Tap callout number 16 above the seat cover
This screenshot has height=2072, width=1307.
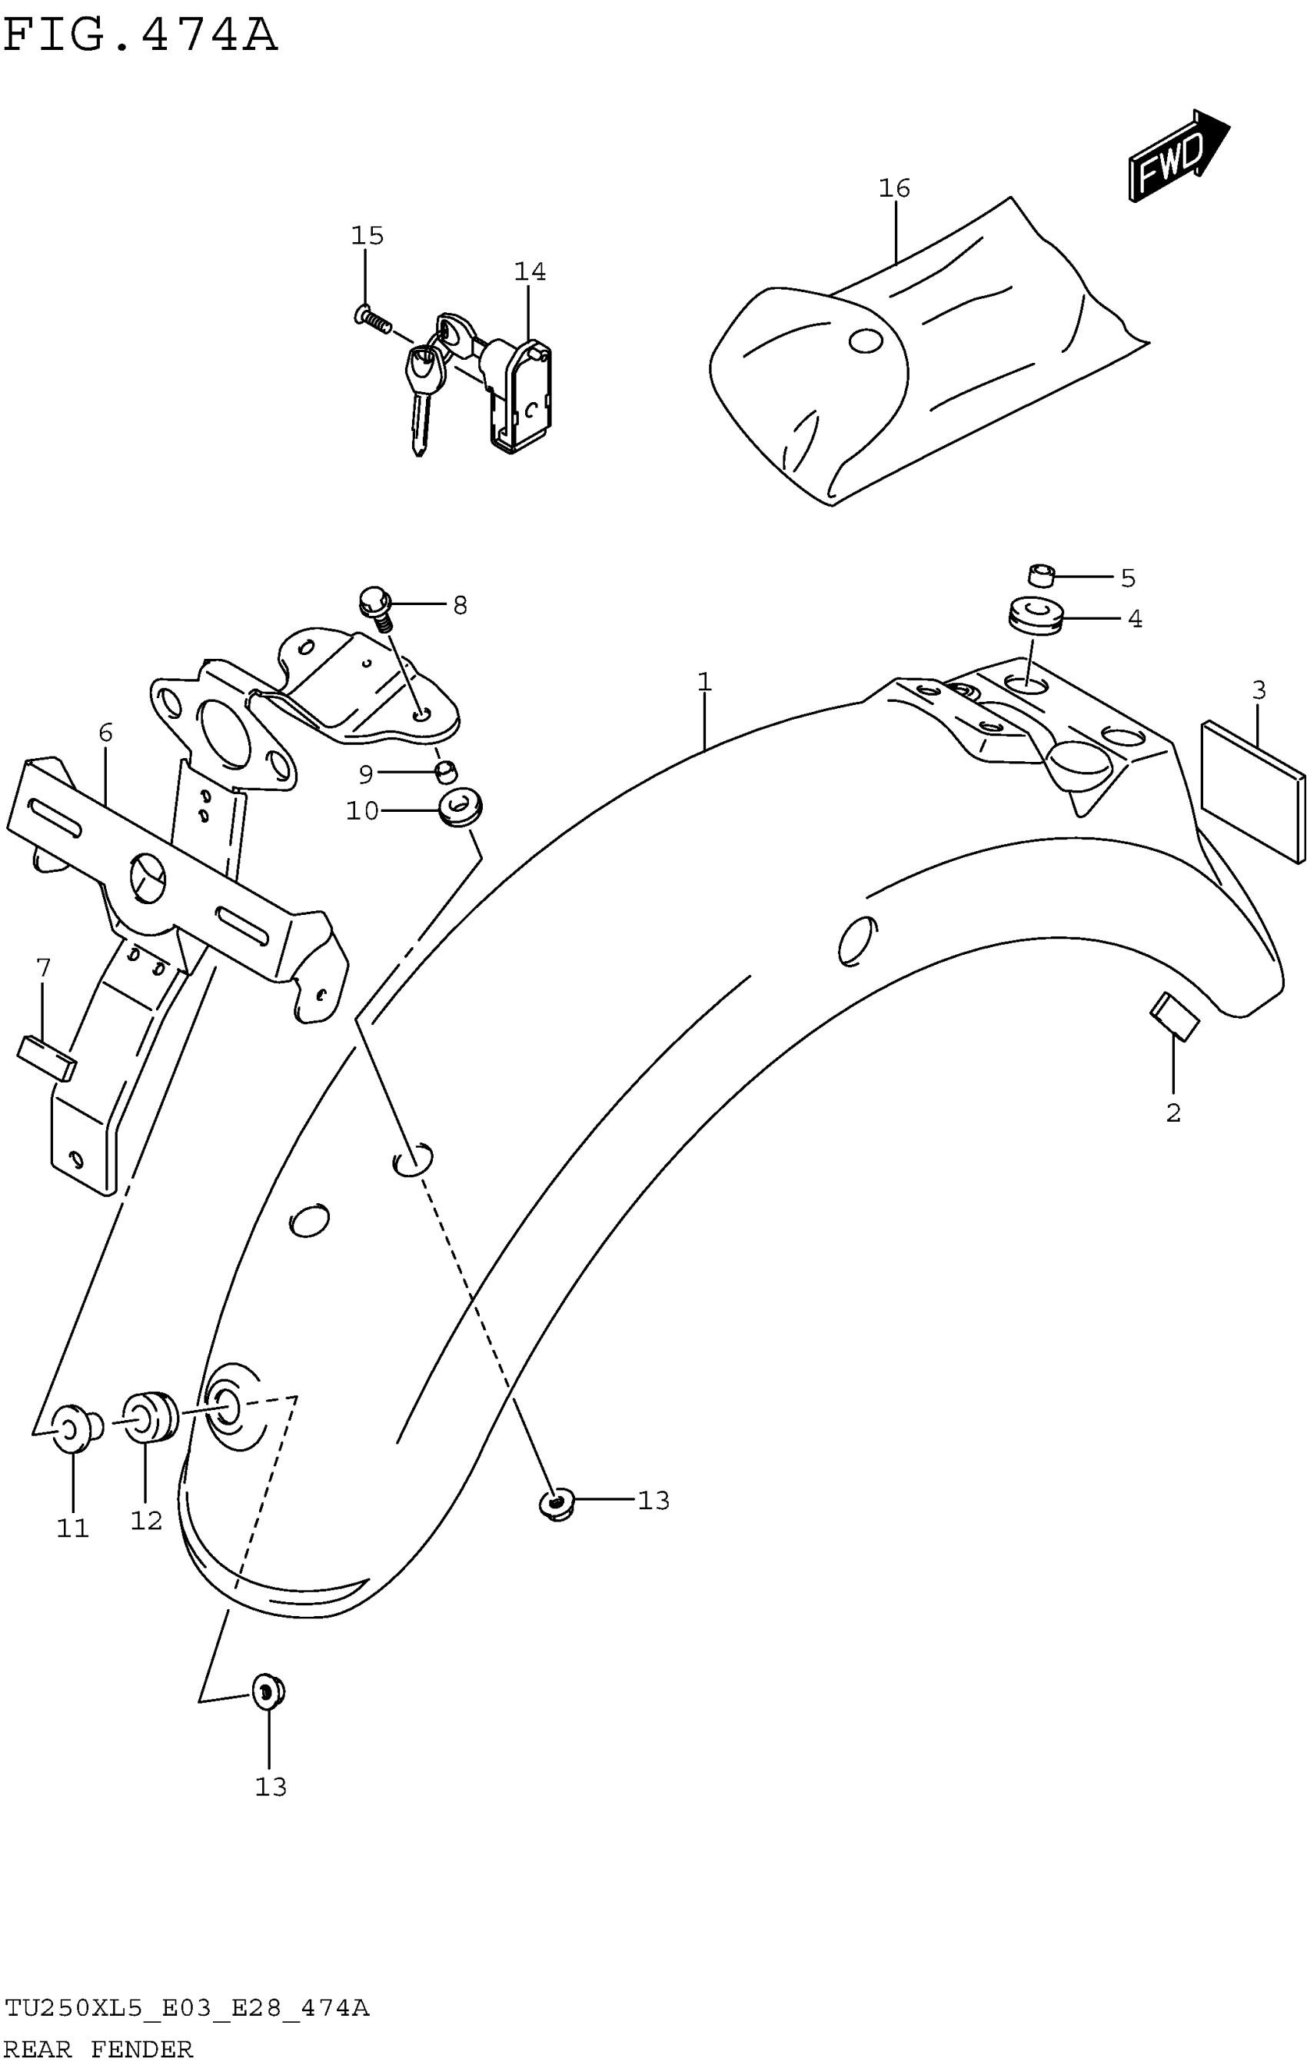click(x=894, y=188)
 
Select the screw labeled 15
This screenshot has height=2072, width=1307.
click(x=371, y=319)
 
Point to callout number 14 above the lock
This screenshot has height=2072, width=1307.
click(x=529, y=272)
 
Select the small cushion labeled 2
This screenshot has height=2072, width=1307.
click(x=1175, y=1016)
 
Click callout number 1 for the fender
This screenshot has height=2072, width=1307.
click(x=703, y=683)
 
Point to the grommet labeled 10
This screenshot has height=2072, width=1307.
click(x=461, y=809)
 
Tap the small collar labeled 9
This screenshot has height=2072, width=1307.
click(x=446, y=772)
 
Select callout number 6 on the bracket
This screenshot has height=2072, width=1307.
click(x=105, y=733)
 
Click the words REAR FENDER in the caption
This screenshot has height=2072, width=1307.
click(x=98, y=2050)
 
